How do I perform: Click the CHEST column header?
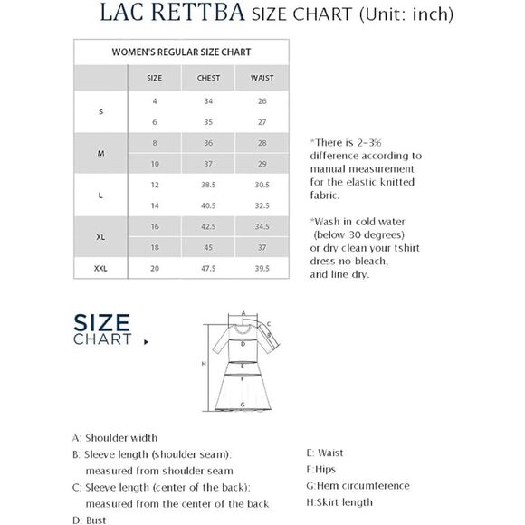[208, 78]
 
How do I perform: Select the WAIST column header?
[262, 78]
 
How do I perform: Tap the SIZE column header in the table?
[155, 78]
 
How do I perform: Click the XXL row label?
[100, 268]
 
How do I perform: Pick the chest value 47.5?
[208, 268]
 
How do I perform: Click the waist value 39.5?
[262, 268]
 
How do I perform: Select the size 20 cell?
[155, 268]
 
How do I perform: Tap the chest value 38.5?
[208, 184]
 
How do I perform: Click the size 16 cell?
[155, 226]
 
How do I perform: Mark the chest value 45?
[208, 247]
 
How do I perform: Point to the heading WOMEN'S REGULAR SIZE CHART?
[181, 52]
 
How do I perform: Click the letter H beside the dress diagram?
[204, 363]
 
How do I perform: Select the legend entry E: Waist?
[325, 453]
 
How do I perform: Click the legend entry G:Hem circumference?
[358, 486]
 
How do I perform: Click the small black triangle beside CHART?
[145, 342]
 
